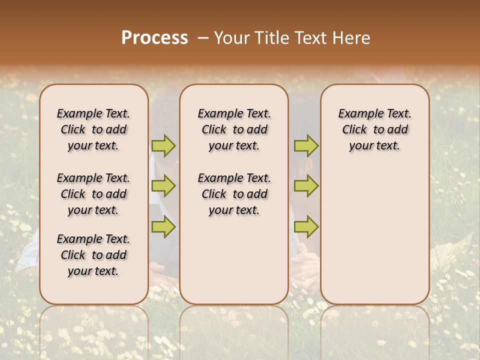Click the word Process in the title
pyautogui.click(x=154, y=38)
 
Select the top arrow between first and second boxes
pyautogui.click(x=163, y=145)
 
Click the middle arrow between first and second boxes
pyautogui.click(x=163, y=186)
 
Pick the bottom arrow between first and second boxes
pyautogui.click(x=163, y=226)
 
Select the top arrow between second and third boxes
pyautogui.click(x=306, y=145)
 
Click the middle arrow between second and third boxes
pyautogui.click(x=306, y=186)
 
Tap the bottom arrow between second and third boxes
pyautogui.click(x=306, y=226)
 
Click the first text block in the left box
pyautogui.click(x=93, y=129)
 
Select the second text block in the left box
pyautogui.click(x=93, y=194)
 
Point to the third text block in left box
pyautogui.click(x=93, y=255)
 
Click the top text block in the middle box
pyautogui.click(x=234, y=129)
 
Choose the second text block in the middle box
pyautogui.click(x=234, y=194)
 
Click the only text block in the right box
pyautogui.click(x=374, y=129)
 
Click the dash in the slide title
pyautogui.click(x=203, y=38)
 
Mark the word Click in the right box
pyautogui.click(x=354, y=130)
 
